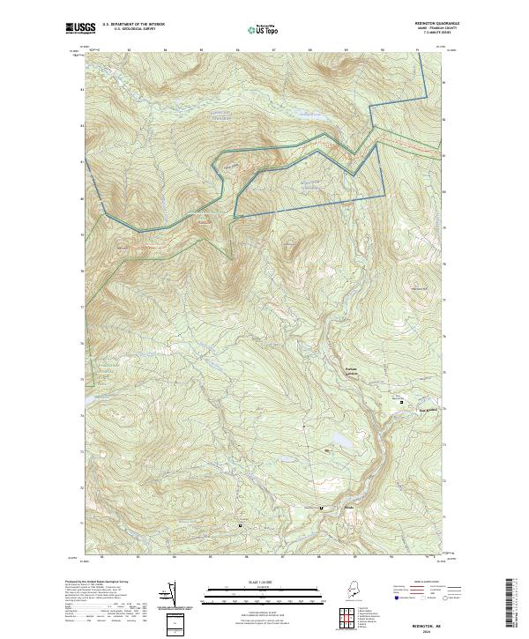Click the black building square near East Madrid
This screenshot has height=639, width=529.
point(402,401)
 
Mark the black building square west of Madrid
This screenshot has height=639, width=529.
point(322,508)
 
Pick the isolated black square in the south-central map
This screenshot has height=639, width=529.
point(241,524)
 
